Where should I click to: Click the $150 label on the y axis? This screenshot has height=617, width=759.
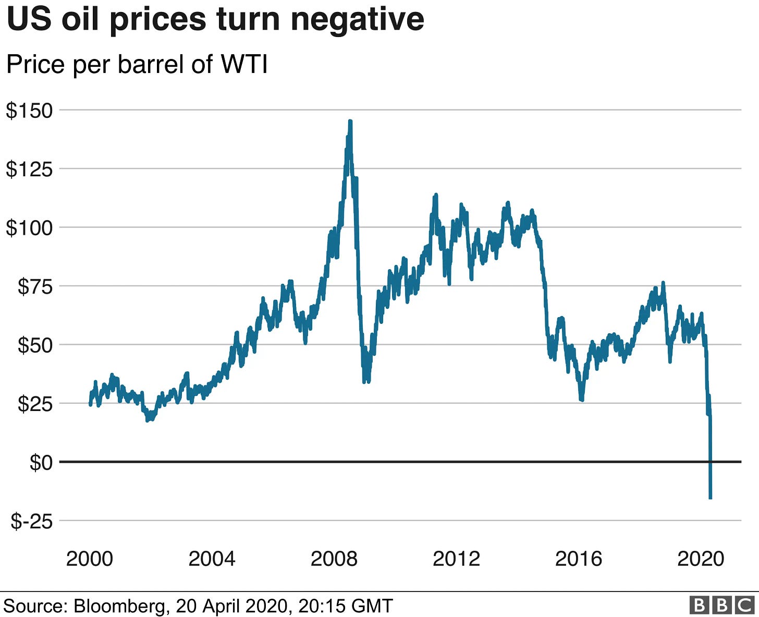pyautogui.click(x=29, y=111)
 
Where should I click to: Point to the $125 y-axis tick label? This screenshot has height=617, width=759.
pyautogui.click(x=29, y=169)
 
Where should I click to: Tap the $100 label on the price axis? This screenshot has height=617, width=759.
pyautogui.click(x=29, y=228)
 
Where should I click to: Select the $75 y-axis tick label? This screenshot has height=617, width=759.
pyautogui.click(x=35, y=286)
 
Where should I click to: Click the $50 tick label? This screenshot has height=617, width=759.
pyautogui.click(x=35, y=345)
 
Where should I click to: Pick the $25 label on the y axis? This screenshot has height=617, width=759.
pyautogui.click(x=35, y=404)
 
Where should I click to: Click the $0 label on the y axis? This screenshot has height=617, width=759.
pyautogui.click(x=41, y=462)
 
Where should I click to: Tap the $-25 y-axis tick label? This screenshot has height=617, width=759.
pyautogui.click(x=32, y=521)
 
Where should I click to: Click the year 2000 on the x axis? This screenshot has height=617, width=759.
pyautogui.click(x=90, y=559)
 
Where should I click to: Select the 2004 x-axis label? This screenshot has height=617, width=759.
pyautogui.click(x=212, y=559)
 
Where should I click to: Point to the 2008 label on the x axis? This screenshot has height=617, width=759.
pyautogui.click(x=334, y=559)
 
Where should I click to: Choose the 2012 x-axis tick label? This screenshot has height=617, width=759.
pyautogui.click(x=456, y=559)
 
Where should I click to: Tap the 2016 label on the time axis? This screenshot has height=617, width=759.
pyautogui.click(x=578, y=559)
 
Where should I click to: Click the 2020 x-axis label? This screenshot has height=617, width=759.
pyautogui.click(x=701, y=559)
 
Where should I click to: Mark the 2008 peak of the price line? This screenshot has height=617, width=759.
pyautogui.click(x=350, y=121)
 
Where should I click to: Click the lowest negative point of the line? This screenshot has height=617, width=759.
pyautogui.click(x=710, y=498)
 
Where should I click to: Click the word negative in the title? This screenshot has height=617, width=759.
pyautogui.click(x=357, y=20)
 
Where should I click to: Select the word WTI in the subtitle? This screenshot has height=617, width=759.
pyautogui.click(x=244, y=65)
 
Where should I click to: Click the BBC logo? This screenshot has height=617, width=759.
pyautogui.click(x=721, y=605)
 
